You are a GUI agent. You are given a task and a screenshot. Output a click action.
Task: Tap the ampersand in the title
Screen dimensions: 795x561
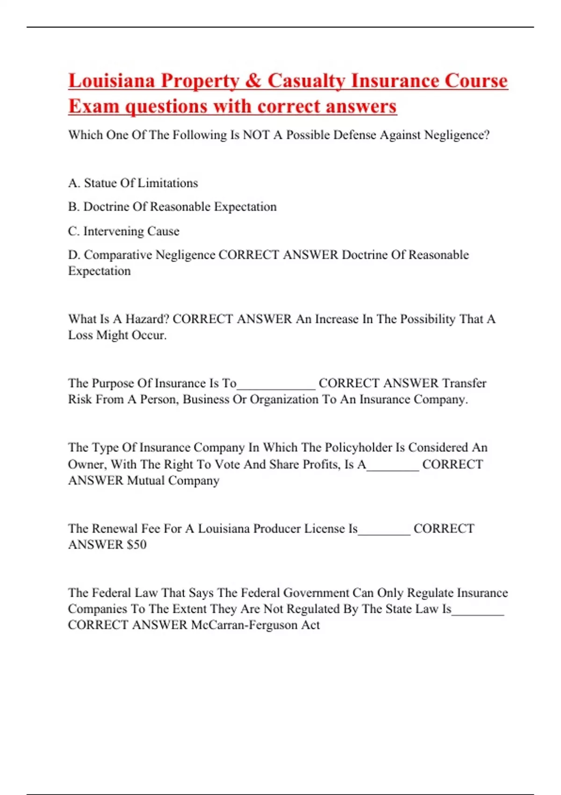pyautogui.click(x=253, y=81)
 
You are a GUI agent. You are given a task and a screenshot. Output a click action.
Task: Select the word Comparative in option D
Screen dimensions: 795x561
pyautogui.click(x=118, y=255)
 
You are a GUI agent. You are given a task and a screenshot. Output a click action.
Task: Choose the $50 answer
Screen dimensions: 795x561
pyautogui.click(x=137, y=545)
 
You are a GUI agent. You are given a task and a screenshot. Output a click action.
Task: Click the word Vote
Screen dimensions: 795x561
pyautogui.click(x=228, y=464)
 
